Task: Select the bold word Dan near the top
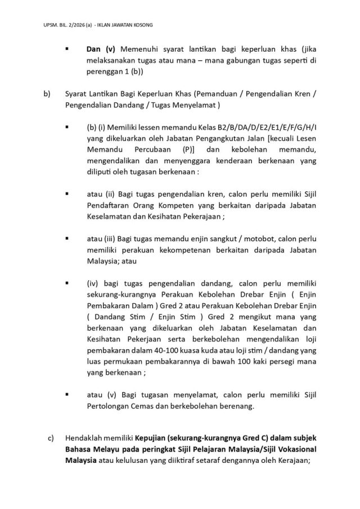coord(93,51)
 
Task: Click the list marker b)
coord(46,93)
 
